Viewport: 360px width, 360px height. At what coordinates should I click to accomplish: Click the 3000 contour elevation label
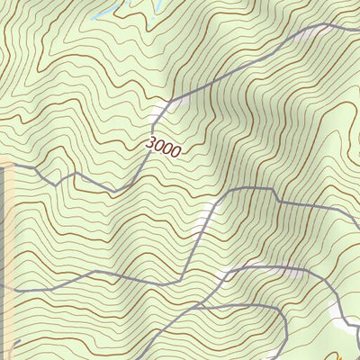pos(162,148)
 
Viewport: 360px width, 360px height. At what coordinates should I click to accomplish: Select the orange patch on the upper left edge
pos(4,165)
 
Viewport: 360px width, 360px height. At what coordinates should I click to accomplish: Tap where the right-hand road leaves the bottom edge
pos(286,357)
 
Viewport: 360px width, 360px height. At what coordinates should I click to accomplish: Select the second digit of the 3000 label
pos(158,146)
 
